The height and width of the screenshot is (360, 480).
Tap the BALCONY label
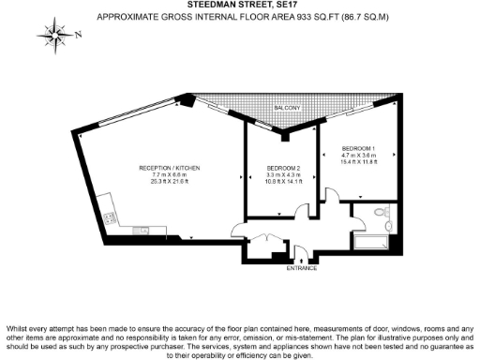tap(287, 110)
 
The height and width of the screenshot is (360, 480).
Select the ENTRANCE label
tap(301, 269)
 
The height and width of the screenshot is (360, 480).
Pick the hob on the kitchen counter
tap(110, 218)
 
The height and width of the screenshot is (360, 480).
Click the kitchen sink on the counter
tap(142, 230)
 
